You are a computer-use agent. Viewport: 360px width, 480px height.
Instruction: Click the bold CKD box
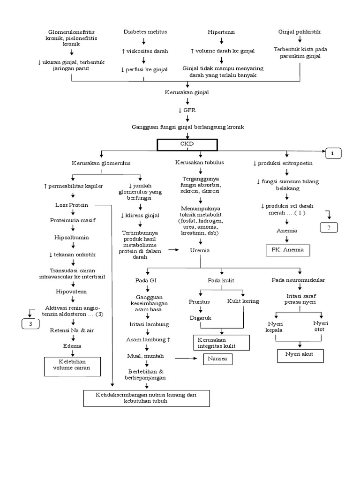point(187,145)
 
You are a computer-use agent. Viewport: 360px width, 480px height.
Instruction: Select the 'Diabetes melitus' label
point(145,31)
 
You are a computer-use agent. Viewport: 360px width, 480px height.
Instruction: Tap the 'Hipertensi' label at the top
point(221,32)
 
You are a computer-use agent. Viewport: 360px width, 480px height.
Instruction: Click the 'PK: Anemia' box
point(287,250)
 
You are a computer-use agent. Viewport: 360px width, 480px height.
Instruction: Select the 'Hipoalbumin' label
point(72,238)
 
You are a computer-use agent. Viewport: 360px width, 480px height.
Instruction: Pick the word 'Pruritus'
point(199,301)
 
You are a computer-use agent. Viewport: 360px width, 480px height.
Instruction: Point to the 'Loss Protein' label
point(72,205)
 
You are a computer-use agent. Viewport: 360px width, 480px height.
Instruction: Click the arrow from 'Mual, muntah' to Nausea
point(186,359)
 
